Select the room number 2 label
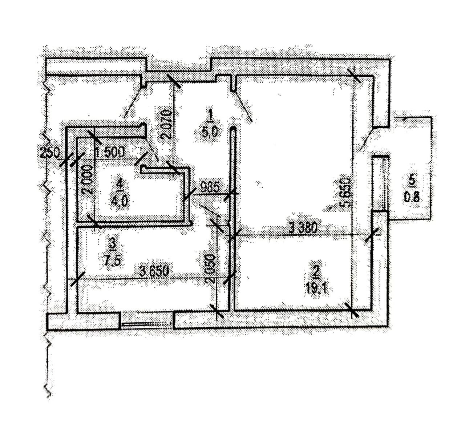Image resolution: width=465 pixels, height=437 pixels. click(x=316, y=271)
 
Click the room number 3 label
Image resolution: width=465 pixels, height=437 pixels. click(x=112, y=244)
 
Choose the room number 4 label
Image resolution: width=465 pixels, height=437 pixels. click(x=120, y=184)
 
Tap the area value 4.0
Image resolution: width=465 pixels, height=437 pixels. click(x=120, y=201)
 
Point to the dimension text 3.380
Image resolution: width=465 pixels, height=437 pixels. click(x=303, y=228)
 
